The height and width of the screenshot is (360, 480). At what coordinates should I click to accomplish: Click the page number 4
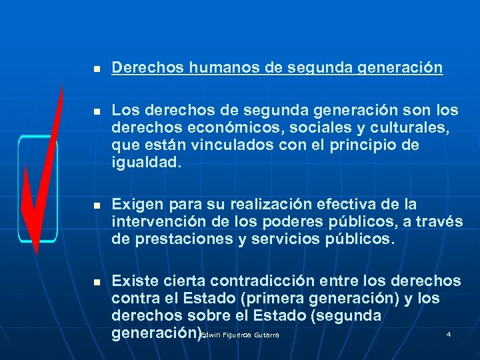pos(449,333)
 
